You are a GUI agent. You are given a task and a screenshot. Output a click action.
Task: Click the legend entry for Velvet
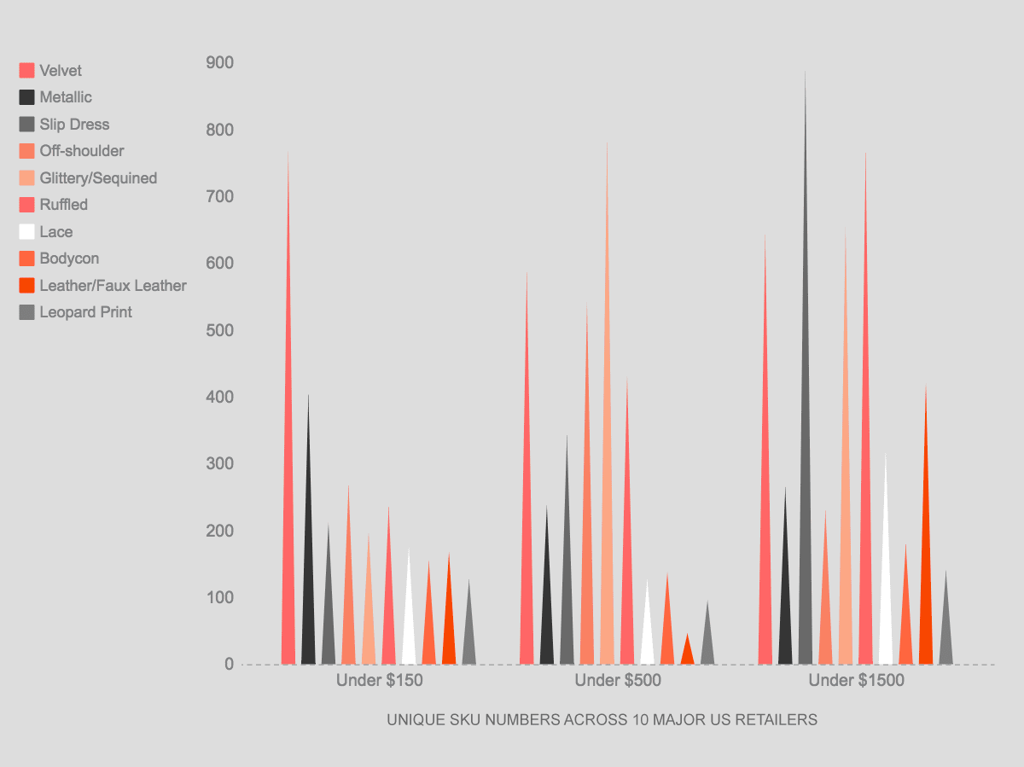tap(61, 71)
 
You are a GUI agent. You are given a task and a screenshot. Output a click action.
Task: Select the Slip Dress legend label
tap(74, 125)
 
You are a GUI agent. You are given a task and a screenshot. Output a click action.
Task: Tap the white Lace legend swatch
tap(26, 232)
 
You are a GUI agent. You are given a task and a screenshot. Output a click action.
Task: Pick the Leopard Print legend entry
tap(85, 312)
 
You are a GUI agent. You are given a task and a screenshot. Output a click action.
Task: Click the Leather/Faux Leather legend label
tap(113, 286)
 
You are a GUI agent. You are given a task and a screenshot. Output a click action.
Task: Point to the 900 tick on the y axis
tap(219, 63)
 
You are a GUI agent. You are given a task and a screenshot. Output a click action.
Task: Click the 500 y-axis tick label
tap(219, 330)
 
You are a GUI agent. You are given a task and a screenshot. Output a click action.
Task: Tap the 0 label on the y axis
tap(229, 664)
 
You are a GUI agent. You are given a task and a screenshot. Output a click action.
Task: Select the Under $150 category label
tap(379, 681)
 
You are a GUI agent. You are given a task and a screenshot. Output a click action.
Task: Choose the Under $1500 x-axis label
tap(856, 681)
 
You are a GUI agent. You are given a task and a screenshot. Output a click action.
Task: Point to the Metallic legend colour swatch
tap(26, 97)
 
